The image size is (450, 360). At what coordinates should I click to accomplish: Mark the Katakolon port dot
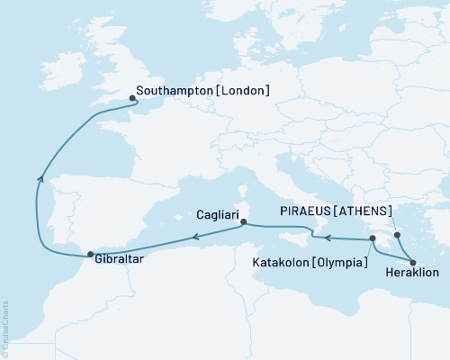pos(371,238)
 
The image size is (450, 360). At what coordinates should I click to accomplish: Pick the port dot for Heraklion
pos(413,263)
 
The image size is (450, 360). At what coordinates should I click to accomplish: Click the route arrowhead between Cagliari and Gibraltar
pos(193,238)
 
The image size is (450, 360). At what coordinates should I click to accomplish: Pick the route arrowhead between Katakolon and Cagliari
pos(328,238)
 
